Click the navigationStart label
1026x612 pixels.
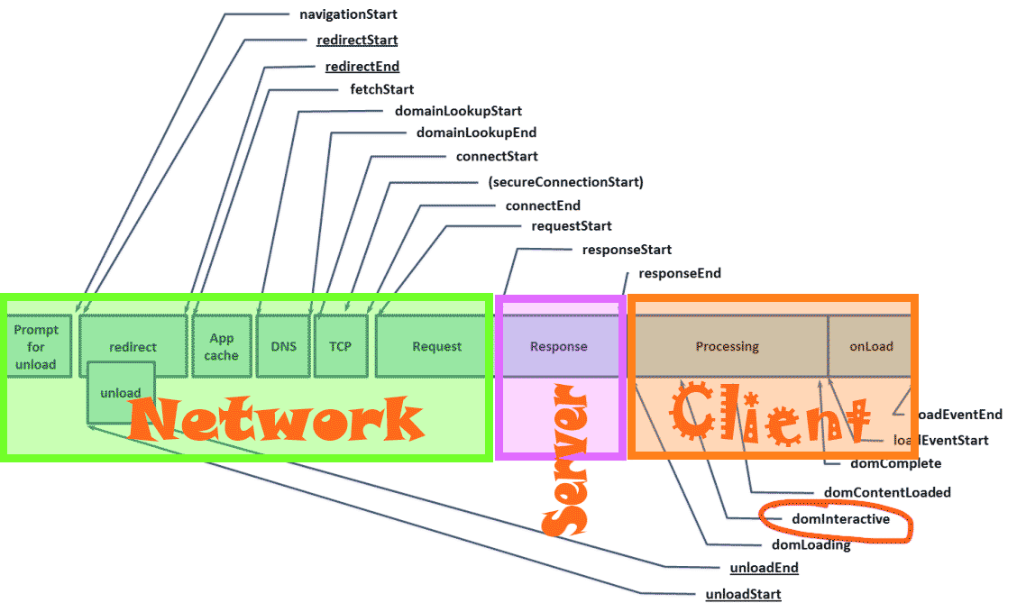click(348, 14)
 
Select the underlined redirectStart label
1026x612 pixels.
click(357, 41)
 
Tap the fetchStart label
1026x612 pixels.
click(382, 89)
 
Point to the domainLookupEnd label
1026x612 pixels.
click(476, 132)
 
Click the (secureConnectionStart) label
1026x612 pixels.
click(565, 182)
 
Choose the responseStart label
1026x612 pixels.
click(627, 250)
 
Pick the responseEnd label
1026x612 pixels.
click(680, 273)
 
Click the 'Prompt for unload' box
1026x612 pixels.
click(36, 347)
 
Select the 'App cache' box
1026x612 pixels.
click(222, 346)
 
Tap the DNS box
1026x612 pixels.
click(283, 346)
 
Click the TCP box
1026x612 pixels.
click(341, 346)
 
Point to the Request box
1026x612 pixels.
click(436, 346)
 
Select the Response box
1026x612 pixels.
click(559, 346)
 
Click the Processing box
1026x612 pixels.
click(728, 346)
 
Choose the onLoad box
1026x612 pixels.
click(871, 346)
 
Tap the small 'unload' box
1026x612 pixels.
click(121, 392)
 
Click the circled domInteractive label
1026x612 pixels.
click(840, 519)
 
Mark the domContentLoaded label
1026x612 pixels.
click(887, 492)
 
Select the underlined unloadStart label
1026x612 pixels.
click(743, 594)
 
